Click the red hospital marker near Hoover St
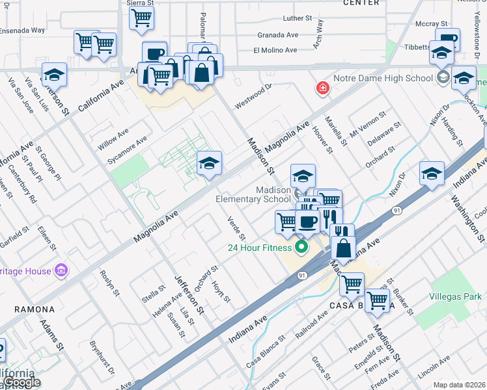(322, 88)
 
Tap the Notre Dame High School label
(383, 79)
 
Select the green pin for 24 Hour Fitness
(301, 247)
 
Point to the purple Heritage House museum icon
(61, 269)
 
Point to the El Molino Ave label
(275, 49)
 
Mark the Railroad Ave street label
(314, 323)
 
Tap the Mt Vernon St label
(367, 122)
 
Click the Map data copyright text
(460, 385)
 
